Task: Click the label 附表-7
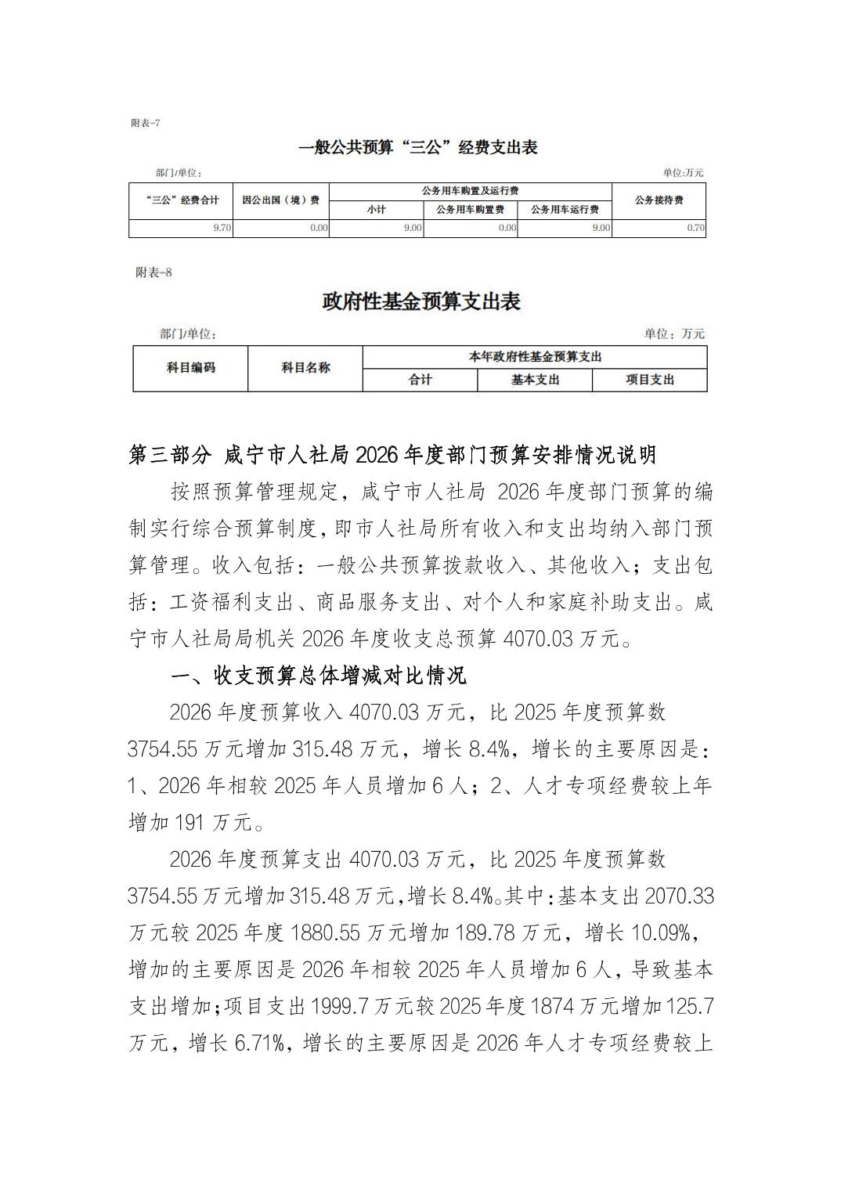146,123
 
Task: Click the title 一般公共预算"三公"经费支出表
418,147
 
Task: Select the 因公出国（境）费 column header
280,200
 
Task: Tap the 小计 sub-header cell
376,210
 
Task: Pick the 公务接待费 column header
659,200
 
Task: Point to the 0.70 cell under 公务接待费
695,229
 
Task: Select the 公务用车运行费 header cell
565,210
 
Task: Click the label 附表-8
153,272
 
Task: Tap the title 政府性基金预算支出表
421,301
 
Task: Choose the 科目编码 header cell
190,367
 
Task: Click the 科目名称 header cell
305,367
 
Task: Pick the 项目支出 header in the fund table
650,380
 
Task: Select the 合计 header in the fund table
420,380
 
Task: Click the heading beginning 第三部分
392,455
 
